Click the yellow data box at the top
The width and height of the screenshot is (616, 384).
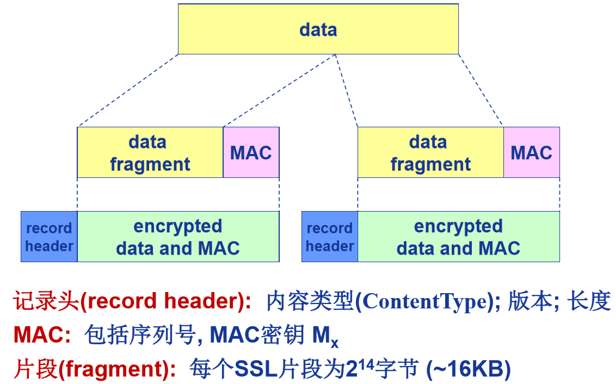318,29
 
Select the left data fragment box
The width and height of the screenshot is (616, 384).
150,153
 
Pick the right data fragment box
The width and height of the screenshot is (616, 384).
430,153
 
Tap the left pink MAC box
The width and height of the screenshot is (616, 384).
251,153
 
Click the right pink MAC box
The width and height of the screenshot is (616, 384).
531,153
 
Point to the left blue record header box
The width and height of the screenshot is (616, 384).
49,237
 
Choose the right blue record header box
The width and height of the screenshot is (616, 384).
330,237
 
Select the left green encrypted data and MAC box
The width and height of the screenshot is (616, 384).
178,237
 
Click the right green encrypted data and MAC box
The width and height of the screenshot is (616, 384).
458,237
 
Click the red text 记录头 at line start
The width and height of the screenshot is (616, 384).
46,301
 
